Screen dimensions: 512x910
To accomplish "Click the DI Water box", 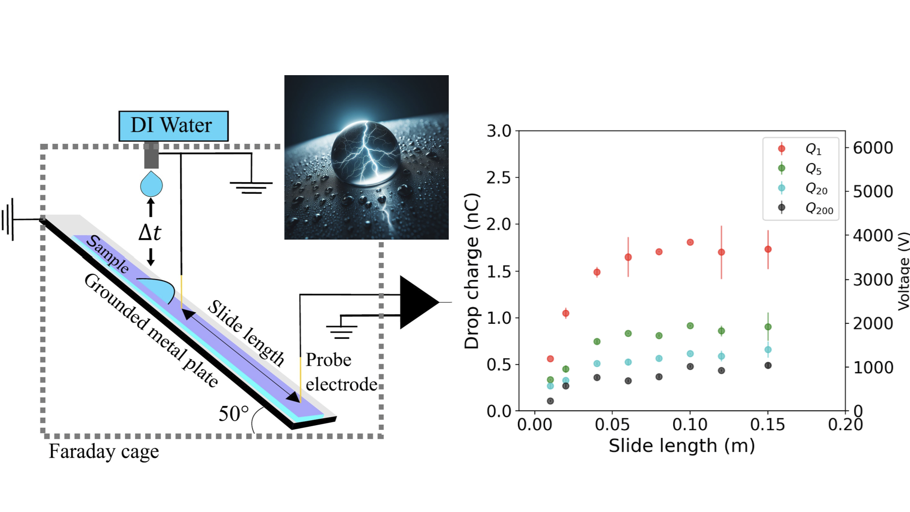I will point(173,126).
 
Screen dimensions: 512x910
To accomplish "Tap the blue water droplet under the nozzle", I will point(151,185).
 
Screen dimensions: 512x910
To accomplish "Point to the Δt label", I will point(150,233).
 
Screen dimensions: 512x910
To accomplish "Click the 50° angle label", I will point(233,414).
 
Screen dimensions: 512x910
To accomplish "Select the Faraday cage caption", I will point(104,451).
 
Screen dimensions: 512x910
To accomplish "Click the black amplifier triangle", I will point(416,302).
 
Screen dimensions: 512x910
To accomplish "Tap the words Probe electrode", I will point(341,372).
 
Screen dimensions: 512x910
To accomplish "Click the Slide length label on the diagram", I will point(247,332).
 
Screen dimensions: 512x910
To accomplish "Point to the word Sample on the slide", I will point(107,254).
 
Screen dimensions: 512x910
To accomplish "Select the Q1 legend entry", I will point(801,149).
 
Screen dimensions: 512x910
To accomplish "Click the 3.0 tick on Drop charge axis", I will point(499,131).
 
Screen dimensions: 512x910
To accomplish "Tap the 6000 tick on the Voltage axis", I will point(873,148).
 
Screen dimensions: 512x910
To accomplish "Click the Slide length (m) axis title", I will point(682,446).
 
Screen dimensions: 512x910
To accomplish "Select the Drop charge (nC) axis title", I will point(472,271).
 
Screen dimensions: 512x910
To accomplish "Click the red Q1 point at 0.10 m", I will point(690,243).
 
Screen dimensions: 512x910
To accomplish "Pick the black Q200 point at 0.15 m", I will point(768,366).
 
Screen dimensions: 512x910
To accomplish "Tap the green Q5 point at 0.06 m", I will point(628,333).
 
